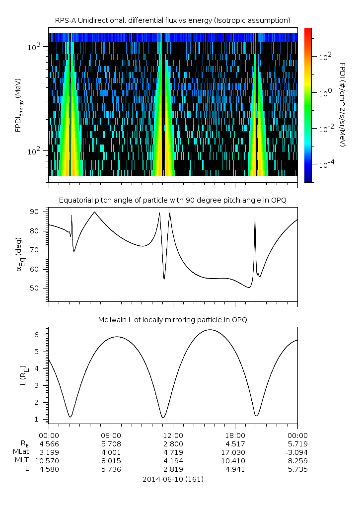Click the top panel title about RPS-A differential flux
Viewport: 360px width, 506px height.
click(x=172, y=20)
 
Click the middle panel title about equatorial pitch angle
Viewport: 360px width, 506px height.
click(x=172, y=200)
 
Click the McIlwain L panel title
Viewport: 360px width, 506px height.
click(x=172, y=320)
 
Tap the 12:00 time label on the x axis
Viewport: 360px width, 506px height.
click(x=173, y=435)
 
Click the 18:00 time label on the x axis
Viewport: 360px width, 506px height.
click(x=235, y=435)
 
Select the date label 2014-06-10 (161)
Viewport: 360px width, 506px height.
click(x=172, y=479)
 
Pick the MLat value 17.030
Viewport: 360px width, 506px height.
click(x=235, y=452)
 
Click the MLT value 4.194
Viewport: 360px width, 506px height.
click(x=173, y=460)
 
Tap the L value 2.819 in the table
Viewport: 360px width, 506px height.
click(x=173, y=469)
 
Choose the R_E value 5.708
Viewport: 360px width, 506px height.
click(x=110, y=443)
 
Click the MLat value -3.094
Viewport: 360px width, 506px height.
click(x=297, y=452)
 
